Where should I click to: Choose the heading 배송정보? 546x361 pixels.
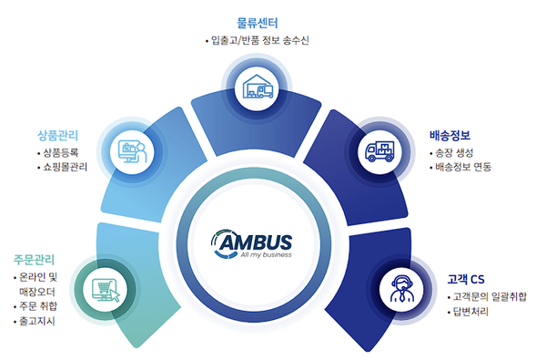[451, 133]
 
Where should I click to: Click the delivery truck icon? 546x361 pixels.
[380, 151]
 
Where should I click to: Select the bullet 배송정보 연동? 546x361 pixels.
[462, 168]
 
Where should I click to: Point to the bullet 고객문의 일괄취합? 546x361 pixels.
[489, 297]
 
